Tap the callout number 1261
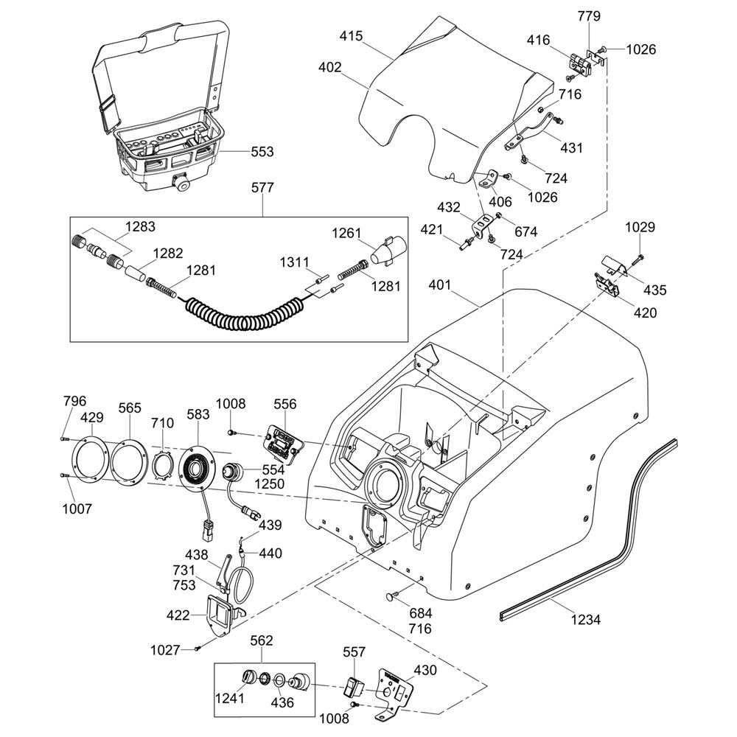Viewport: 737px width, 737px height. click(347, 234)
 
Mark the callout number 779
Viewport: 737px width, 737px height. click(589, 16)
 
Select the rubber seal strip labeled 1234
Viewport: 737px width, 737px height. click(612, 531)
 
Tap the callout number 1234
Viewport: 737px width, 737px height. click(586, 620)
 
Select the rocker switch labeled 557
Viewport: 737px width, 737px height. click(354, 688)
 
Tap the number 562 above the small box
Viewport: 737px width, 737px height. click(262, 640)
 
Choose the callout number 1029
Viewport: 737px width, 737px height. click(640, 228)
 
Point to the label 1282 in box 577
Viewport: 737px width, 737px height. click(167, 253)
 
